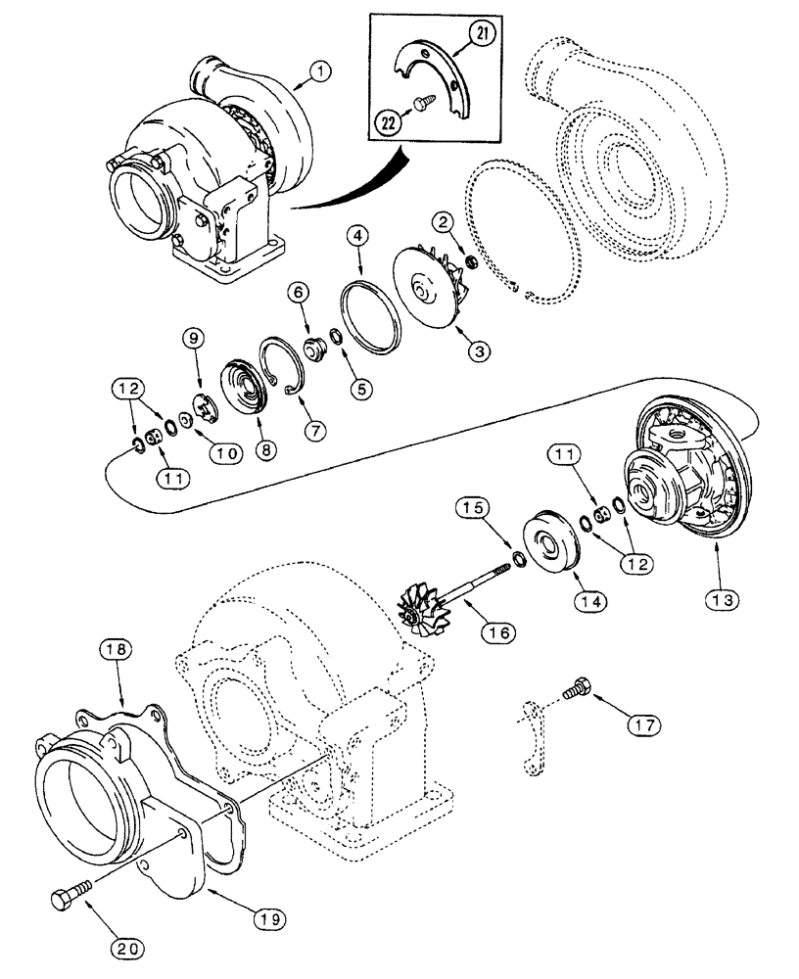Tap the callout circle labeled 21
[483, 35]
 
